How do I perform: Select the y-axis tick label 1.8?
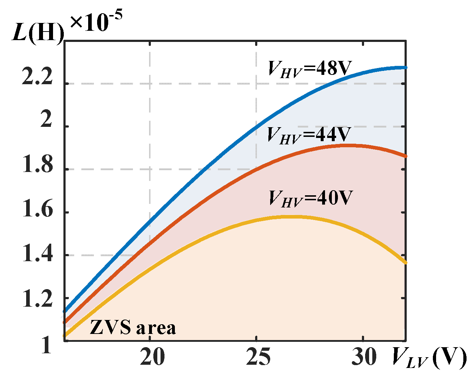(38, 166)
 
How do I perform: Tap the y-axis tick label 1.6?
(38, 210)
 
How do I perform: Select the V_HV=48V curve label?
(310, 68)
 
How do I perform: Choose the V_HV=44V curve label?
(309, 135)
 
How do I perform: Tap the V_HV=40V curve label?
(311, 198)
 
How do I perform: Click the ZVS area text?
(133, 327)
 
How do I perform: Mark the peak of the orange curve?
(349, 145)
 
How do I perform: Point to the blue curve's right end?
(405, 67)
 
